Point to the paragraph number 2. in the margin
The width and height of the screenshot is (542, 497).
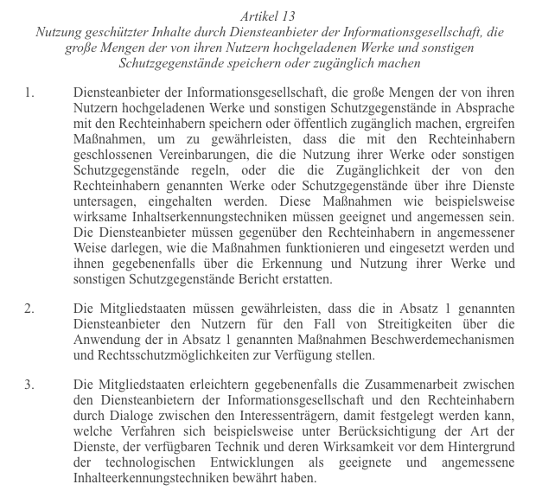pyautogui.click(x=29, y=309)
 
